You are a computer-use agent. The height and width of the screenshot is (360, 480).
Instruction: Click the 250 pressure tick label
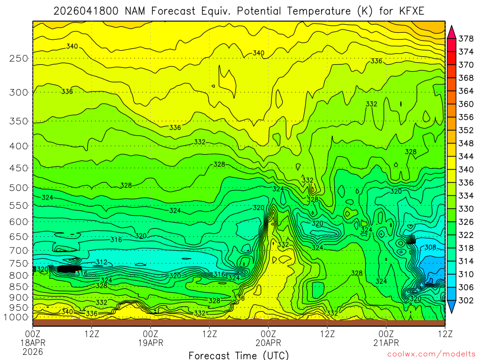(x=19, y=59)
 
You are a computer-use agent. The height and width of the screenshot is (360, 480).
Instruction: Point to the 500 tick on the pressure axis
(x=19, y=188)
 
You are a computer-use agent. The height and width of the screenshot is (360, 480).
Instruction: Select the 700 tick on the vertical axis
(x=19, y=249)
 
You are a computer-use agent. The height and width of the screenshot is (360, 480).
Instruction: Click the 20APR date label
(x=268, y=343)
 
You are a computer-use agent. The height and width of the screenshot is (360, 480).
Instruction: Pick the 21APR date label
(x=386, y=343)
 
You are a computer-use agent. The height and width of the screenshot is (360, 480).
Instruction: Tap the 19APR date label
(x=150, y=343)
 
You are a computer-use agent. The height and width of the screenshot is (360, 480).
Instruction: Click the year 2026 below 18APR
(x=33, y=351)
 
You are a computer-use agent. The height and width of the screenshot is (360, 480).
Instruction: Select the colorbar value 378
(x=465, y=38)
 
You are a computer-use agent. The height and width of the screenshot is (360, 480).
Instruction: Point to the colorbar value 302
(x=465, y=300)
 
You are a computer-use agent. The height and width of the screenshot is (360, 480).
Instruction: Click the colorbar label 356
(x=465, y=117)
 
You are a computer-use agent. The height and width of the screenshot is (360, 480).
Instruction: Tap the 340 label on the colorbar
(x=465, y=169)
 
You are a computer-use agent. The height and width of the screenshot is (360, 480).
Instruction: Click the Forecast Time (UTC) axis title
(x=239, y=355)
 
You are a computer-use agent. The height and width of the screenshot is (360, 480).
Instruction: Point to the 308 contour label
(x=430, y=247)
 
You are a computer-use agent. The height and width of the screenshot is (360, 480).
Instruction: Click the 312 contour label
(x=101, y=262)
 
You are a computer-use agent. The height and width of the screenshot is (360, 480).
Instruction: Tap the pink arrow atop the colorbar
(x=452, y=31)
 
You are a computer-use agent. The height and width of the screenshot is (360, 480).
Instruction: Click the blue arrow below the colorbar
(x=452, y=307)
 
